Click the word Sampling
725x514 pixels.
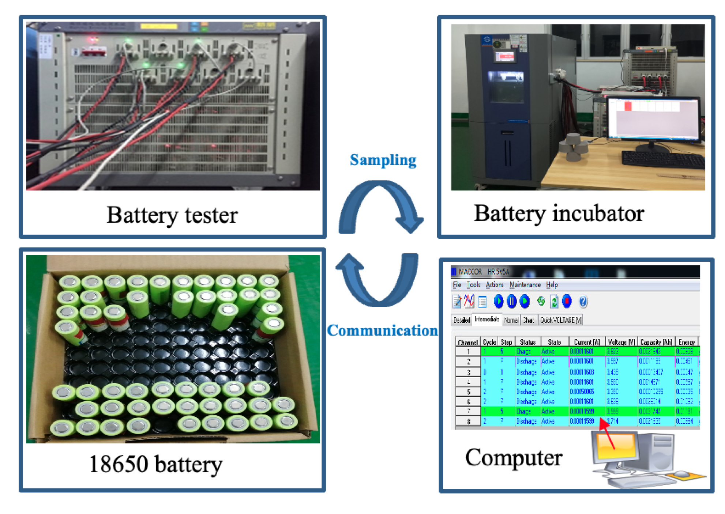click(x=383, y=160)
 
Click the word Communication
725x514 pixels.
click(x=382, y=330)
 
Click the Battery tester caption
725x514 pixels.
click(x=172, y=215)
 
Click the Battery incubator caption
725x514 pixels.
click(x=559, y=213)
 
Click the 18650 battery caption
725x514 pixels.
click(x=155, y=464)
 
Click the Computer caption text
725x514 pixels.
click(x=513, y=457)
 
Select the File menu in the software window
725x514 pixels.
click(x=457, y=284)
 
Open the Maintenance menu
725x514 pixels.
click(x=525, y=284)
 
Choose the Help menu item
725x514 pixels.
click(x=552, y=284)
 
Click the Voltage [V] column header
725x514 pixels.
click(x=621, y=342)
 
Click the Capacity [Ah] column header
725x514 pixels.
click(x=656, y=342)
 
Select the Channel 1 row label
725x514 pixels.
click(x=468, y=351)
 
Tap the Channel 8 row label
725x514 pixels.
click(x=468, y=421)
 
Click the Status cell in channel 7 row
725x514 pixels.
click(x=523, y=411)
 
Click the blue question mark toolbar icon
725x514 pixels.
click(x=583, y=302)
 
